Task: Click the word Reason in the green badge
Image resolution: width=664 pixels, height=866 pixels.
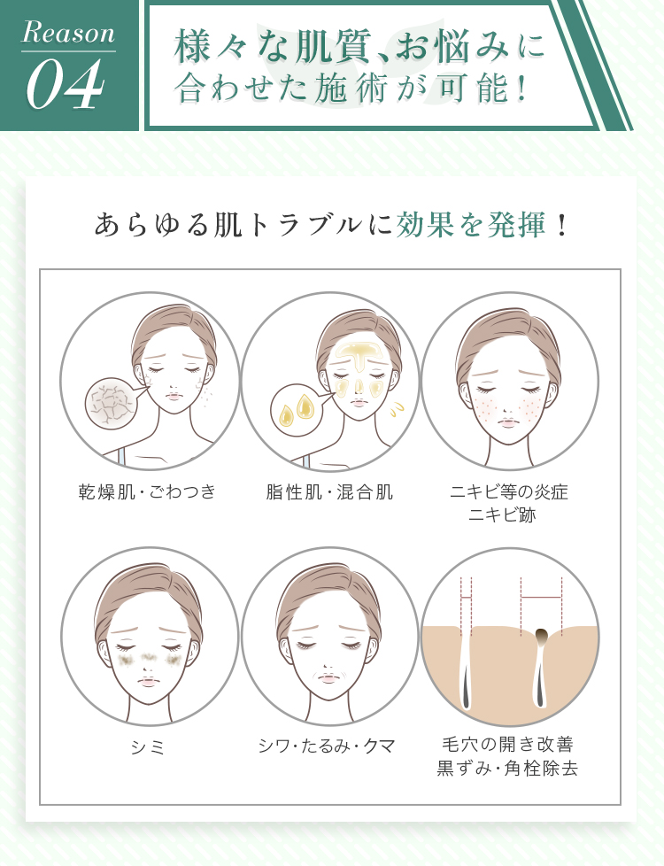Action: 68,34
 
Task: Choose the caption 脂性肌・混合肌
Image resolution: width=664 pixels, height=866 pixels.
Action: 329,491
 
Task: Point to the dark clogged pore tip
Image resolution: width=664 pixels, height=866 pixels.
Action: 541,635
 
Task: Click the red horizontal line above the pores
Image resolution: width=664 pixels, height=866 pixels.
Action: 541,598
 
